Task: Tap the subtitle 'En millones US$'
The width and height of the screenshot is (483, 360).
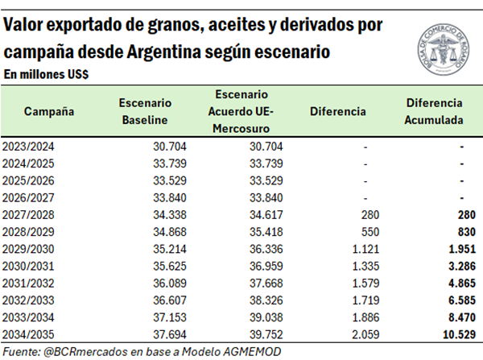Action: [x=46, y=74]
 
